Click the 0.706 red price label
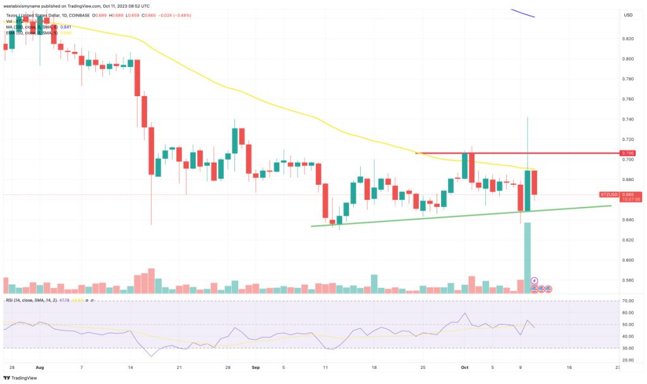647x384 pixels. [x=628, y=152]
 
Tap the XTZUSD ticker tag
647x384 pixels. [x=608, y=194]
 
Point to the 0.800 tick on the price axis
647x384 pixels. [x=628, y=59]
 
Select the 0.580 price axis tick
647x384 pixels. [x=628, y=280]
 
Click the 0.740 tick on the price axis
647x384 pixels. [x=628, y=120]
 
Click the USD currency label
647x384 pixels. [x=628, y=15]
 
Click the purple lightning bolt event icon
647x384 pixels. [x=535, y=280]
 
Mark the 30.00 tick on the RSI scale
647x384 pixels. [x=628, y=348]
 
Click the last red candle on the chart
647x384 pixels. [x=534, y=182]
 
